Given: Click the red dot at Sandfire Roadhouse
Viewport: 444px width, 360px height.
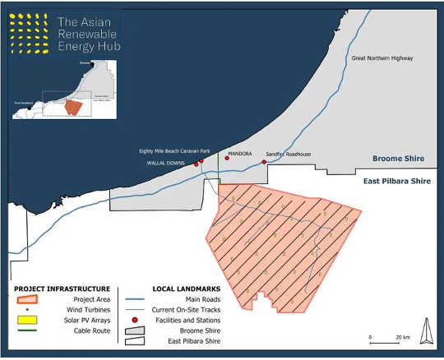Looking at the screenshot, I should (264, 162).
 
